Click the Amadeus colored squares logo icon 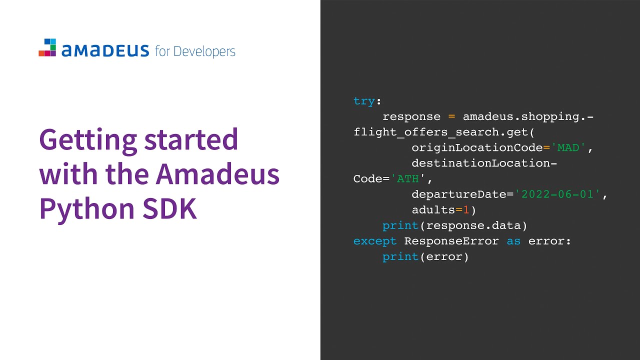tap(47, 47)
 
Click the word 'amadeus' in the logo tap(105, 50)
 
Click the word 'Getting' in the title tap(88, 140)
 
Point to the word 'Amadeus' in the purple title tap(217, 174)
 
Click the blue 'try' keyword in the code tap(364, 101)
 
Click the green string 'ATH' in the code tap(408, 179)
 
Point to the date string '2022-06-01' tap(560, 194)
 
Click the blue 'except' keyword tap(375, 241)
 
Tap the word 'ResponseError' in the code tap(451, 241)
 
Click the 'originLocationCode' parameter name tap(477, 148)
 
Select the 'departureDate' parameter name tap(459, 194)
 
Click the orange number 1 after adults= tap(466, 210)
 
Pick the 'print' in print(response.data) tap(400, 225)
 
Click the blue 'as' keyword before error tap(513, 241)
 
